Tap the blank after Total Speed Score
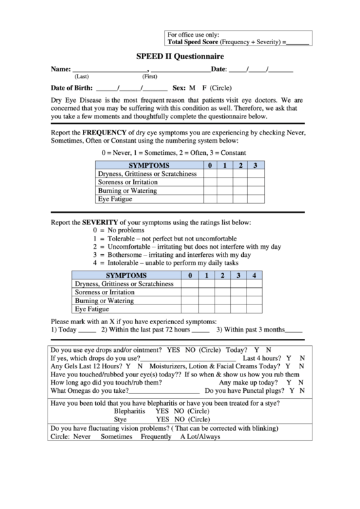[x=298, y=43]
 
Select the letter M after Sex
[x=192, y=88]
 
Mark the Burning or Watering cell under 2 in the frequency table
[x=240, y=191]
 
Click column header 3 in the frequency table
[x=255, y=165]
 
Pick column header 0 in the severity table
[x=190, y=275]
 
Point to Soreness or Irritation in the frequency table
[x=128, y=182]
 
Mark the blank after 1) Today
[x=87, y=331]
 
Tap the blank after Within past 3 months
[x=294, y=331]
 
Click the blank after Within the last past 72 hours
[x=200, y=331]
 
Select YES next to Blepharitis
[x=162, y=411]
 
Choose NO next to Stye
[x=179, y=419]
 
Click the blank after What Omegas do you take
[x=164, y=392]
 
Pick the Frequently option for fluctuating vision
[x=156, y=437]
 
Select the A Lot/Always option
[x=200, y=437]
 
